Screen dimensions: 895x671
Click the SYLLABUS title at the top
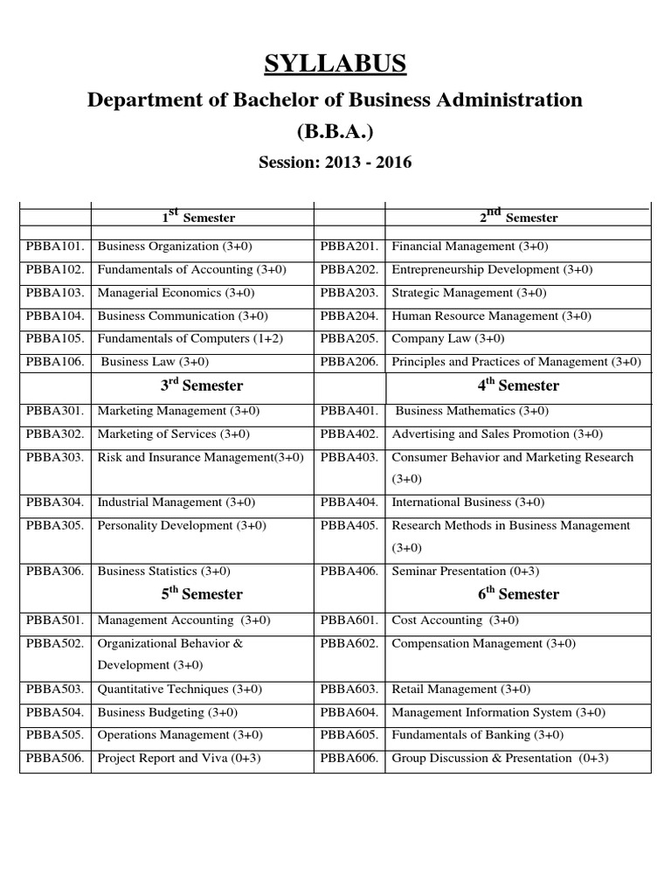pos(335,64)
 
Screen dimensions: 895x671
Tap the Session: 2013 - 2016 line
pos(335,163)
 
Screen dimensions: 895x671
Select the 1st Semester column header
pos(202,216)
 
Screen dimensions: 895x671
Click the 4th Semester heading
pos(518,385)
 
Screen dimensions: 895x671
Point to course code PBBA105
pos(55,339)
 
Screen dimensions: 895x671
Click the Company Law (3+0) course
pos(448,339)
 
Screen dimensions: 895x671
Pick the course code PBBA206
pos(349,362)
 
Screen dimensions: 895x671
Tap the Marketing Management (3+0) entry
pos(178,411)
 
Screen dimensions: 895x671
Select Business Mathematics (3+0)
pos(472,411)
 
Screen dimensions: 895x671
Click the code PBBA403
pos(349,457)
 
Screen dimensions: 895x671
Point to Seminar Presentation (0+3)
pos(465,572)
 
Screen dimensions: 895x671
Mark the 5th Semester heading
pos(202,594)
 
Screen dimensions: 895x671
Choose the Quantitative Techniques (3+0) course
pos(180,690)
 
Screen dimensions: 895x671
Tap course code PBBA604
pos(349,712)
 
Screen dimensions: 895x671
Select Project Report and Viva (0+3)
pos(179,759)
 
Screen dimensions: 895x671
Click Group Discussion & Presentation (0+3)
pos(500,759)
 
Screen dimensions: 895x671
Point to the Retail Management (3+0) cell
pos(459,690)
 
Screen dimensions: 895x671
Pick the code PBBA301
pos(55,411)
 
